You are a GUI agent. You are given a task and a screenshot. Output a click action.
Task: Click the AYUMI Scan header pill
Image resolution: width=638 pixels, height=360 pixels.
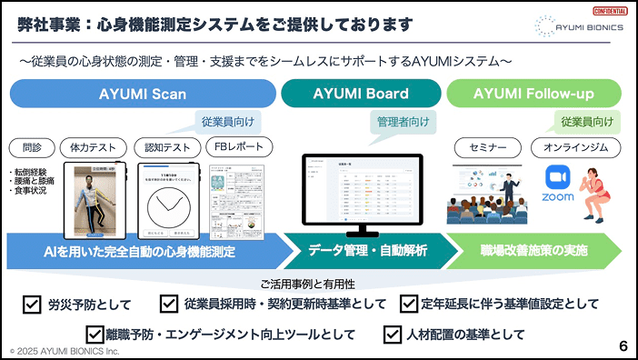(x=143, y=94)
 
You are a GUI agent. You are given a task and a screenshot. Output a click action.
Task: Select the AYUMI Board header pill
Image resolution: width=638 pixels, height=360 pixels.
(x=361, y=94)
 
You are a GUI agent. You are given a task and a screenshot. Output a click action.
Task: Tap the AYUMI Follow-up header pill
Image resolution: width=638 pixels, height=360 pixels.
(x=533, y=94)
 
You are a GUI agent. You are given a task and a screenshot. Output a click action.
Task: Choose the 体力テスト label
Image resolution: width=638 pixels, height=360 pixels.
(x=93, y=147)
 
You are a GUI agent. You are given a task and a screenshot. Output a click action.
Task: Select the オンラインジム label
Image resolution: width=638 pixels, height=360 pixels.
(x=575, y=147)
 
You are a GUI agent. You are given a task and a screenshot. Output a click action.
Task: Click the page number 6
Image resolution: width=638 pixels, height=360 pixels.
(x=623, y=345)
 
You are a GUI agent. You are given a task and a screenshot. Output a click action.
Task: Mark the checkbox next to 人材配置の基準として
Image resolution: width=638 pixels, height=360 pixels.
(x=393, y=334)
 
